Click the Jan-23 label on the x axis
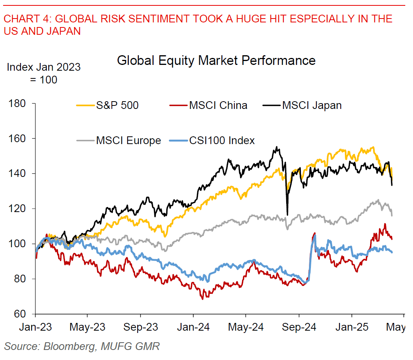click(35, 327)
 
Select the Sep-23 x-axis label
click(141, 327)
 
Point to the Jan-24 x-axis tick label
click(193, 327)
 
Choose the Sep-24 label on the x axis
click(299, 327)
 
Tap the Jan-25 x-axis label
click(352, 327)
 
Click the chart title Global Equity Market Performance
click(216, 61)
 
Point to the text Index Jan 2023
click(44, 67)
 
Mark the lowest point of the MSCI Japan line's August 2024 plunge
click(287, 215)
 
